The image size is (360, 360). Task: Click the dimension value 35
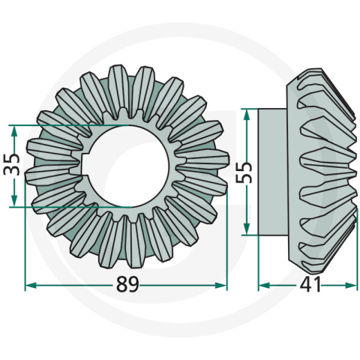pos(10,164)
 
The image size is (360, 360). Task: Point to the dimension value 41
pos(310,285)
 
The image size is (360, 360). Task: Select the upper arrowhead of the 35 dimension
pos(14,127)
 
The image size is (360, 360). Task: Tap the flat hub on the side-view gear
pos(271,171)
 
